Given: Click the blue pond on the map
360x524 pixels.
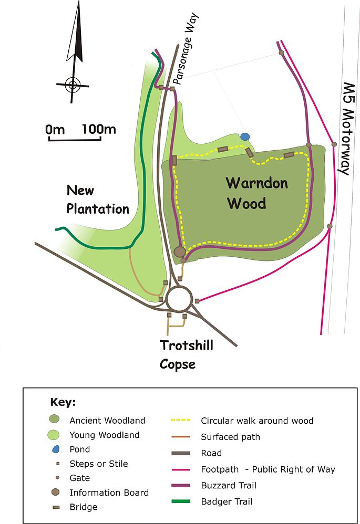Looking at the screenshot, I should point(244,137).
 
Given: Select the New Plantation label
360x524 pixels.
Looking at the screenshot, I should point(97,200).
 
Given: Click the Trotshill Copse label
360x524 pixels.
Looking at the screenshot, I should point(187,354).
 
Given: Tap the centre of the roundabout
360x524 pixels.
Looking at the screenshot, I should point(179,299).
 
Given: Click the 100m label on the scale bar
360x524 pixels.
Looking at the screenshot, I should point(99,129).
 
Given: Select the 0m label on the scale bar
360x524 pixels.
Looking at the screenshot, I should point(55,129).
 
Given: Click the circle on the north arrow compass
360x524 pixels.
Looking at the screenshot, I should point(73,84).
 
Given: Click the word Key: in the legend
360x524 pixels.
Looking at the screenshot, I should point(63,403).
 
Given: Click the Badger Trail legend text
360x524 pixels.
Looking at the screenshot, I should point(227,501).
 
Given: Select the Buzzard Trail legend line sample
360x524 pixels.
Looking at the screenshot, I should point(183,486).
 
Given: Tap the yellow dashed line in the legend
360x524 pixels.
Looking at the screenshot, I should point(183,421).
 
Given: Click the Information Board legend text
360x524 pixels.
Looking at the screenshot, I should point(109,492).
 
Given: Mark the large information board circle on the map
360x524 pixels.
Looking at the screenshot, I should point(180,252).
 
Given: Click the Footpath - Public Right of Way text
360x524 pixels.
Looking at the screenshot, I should point(268,469).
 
